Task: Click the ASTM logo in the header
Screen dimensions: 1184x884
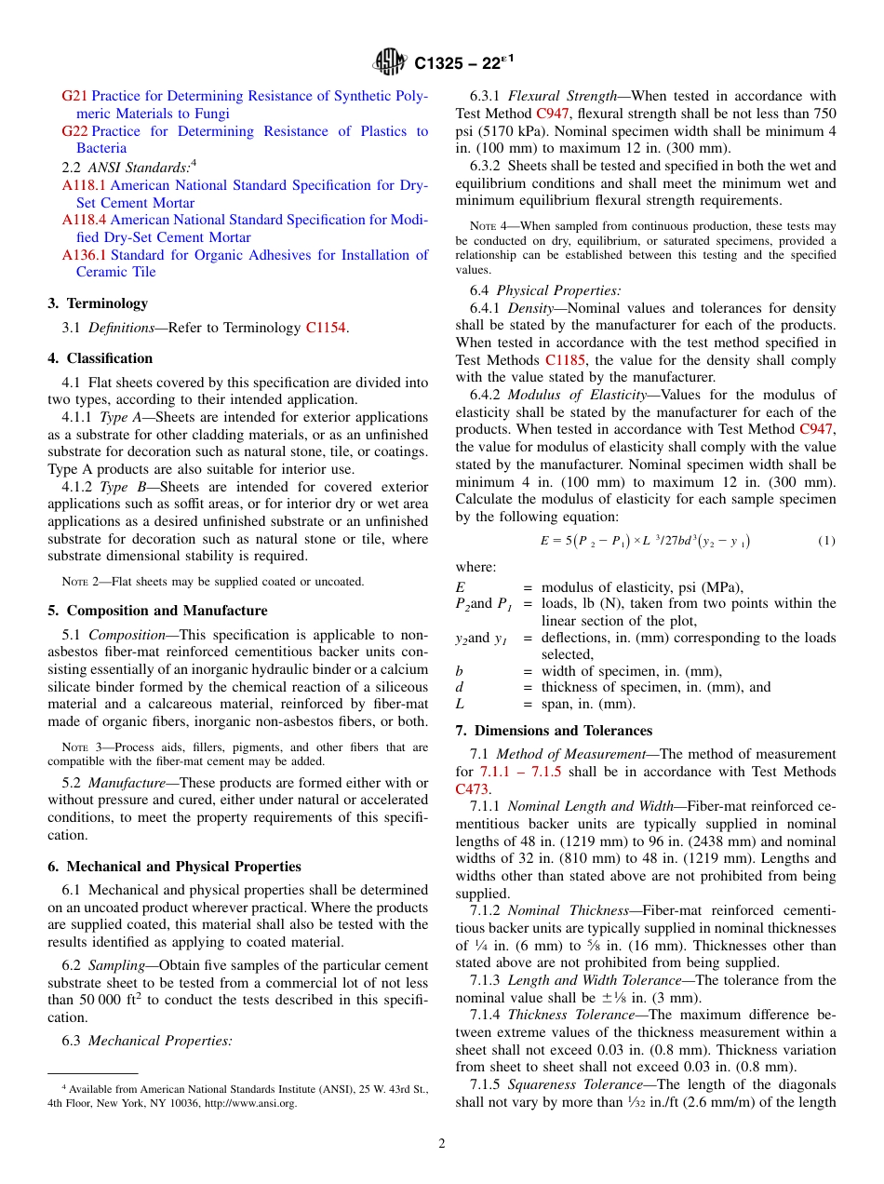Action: (390, 62)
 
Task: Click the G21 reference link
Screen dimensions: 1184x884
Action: (74, 96)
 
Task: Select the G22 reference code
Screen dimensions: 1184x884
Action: (74, 131)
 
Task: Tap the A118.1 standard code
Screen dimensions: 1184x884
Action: (84, 185)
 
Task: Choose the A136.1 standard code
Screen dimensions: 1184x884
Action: (84, 254)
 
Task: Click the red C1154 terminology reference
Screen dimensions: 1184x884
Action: (326, 327)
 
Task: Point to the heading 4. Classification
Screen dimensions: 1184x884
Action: (100, 358)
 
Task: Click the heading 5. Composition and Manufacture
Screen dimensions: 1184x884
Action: (157, 611)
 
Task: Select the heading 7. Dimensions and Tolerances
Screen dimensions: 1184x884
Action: (554, 731)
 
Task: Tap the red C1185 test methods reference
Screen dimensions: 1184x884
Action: (565, 359)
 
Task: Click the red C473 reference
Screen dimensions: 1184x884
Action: (472, 788)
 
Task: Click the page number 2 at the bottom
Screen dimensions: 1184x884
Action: (442, 1144)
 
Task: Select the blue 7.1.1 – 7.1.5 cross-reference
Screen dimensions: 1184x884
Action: (520, 772)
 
